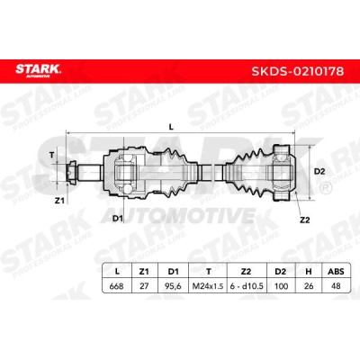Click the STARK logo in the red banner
pos(38,70)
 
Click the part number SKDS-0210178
pos(297,71)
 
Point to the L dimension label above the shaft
pos(171,127)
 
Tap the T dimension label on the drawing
pos(52,155)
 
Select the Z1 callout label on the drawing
pos(59,201)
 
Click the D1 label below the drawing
pos(118,219)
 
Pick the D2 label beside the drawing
pos(319,172)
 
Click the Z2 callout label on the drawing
pos(304,220)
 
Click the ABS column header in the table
pos(336,272)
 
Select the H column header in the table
pos(308,272)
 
